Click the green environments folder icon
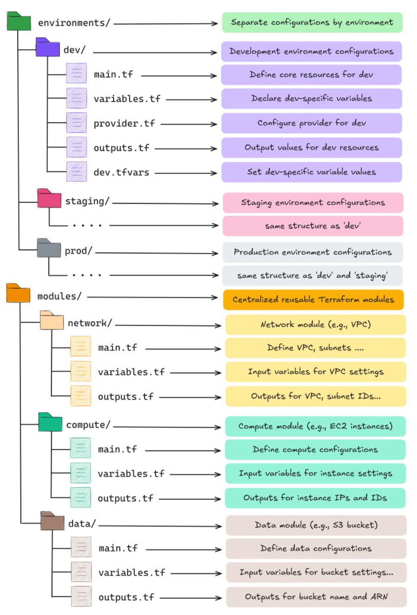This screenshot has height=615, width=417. click(19, 22)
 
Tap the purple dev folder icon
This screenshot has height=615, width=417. click(47, 47)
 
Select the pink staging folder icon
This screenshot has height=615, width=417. click(49, 199)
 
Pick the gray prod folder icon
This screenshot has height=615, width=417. click(49, 248)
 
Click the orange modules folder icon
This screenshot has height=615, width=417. click(18, 293)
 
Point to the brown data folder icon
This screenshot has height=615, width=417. click(52, 521)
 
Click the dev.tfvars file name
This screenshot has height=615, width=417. click(121, 172)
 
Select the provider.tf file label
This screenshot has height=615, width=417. click(124, 124)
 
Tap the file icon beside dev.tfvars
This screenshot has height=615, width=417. click(76, 172)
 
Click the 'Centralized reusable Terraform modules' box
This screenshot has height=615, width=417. click(313, 300)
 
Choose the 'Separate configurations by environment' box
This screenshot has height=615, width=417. click(312, 23)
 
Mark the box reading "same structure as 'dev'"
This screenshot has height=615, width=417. click(313, 226)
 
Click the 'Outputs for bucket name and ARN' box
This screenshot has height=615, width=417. click(316, 597)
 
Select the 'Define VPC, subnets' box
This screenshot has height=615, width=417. click(315, 348)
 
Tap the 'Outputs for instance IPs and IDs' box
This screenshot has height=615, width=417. click(315, 498)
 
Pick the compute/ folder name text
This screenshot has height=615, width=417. click(88, 425)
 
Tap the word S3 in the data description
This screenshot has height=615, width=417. click(338, 525)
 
